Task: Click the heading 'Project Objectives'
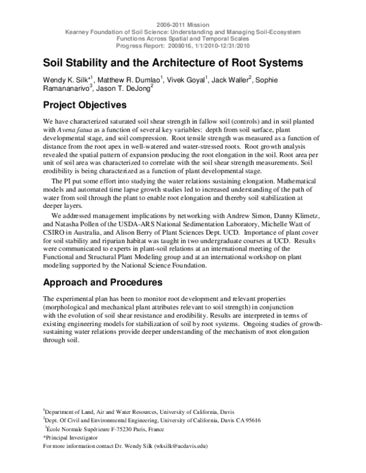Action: pyautogui.click(x=84, y=105)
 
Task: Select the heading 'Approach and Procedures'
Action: pyautogui.click(x=102, y=283)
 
